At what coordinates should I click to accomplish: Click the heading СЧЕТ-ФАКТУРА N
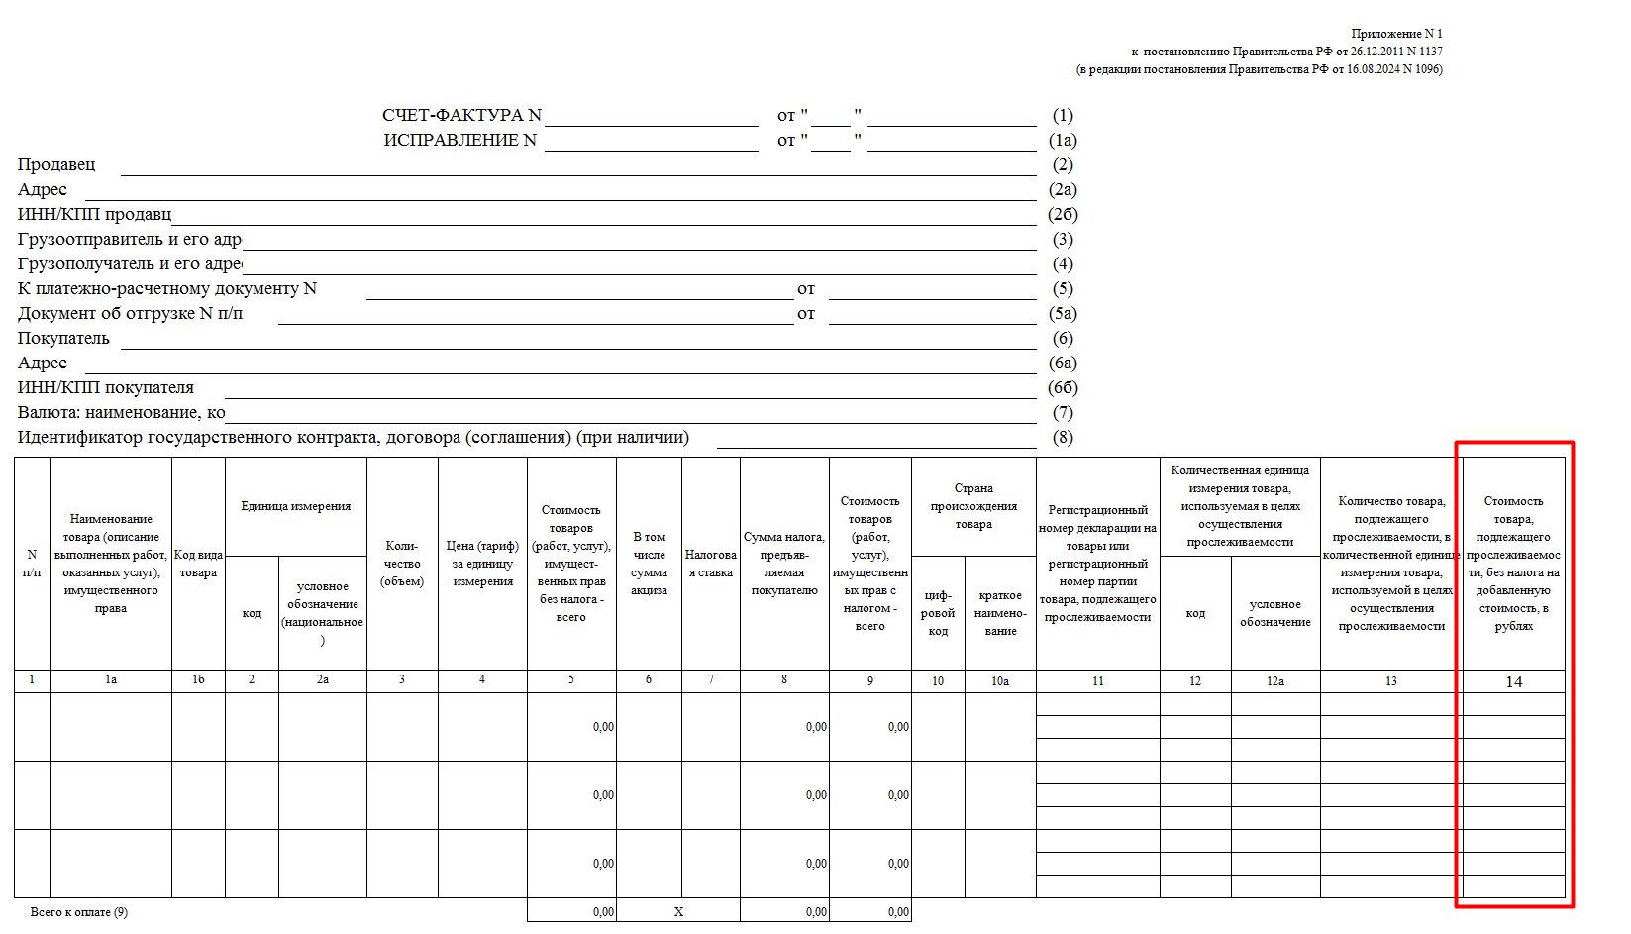[461, 116]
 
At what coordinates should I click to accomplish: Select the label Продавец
[56, 165]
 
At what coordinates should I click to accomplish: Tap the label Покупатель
[63, 339]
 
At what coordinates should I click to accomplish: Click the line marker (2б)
[1063, 215]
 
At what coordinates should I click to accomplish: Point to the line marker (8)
[1063, 438]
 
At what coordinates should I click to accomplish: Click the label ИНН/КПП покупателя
[106, 388]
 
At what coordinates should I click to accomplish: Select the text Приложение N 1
[1396, 34]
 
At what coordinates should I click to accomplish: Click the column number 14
[1513, 682]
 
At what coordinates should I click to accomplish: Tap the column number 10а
[1000, 681]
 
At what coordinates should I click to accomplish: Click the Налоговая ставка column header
[711, 564]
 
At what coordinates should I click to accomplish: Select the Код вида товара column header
[198, 564]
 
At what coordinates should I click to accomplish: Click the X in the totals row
[678, 912]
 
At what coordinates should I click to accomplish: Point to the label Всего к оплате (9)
[79, 912]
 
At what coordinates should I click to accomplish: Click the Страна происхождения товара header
[973, 506]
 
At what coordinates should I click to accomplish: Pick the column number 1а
[111, 679]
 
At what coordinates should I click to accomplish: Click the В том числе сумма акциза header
[649, 564]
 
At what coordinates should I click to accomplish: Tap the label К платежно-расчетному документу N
[167, 289]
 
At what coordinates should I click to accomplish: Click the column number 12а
[1275, 681]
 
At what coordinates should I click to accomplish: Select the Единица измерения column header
[296, 506]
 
